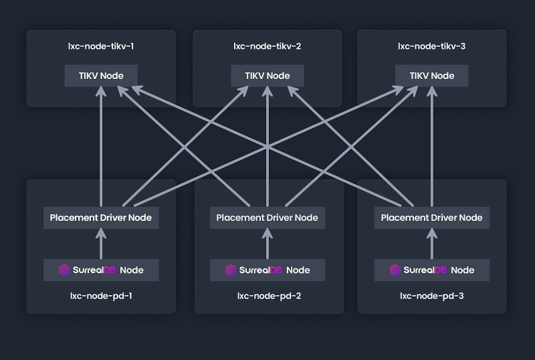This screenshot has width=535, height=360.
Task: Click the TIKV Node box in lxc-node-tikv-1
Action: coord(100,76)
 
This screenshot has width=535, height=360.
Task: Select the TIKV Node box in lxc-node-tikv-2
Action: coord(267,76)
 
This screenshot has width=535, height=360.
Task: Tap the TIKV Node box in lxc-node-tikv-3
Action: coord(431,76)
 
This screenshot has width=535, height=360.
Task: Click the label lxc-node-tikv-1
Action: coord(100,47)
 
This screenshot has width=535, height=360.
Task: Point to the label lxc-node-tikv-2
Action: coord(267,47)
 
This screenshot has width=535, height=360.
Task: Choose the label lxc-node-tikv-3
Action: coord(431,47)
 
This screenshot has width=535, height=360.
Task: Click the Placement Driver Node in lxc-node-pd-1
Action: coord(101,217)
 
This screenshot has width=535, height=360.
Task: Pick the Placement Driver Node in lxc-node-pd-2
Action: coord(267,217)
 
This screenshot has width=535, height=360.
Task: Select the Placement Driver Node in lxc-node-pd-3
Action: coord(431,217)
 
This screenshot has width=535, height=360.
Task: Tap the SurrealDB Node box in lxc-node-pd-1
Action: coord(101,270)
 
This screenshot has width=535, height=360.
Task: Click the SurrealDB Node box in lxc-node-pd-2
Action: coord(267,270)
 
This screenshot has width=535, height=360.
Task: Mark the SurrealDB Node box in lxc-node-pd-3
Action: coord(431,270)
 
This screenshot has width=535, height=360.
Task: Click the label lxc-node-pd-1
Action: coord(101,295)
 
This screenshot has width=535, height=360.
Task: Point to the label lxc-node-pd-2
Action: coord(267,295)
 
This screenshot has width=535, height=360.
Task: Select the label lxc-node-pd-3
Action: coord(431,295)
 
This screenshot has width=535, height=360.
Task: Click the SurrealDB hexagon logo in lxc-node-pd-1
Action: coord(64,270)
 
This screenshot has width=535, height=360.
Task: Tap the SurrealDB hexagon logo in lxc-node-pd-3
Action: coord(395,270)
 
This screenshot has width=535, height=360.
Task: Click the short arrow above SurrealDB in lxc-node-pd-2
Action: coord(267,244)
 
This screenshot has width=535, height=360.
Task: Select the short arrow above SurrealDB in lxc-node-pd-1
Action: coord(101,244)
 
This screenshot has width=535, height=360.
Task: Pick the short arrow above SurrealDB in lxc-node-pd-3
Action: coord(431,244)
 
